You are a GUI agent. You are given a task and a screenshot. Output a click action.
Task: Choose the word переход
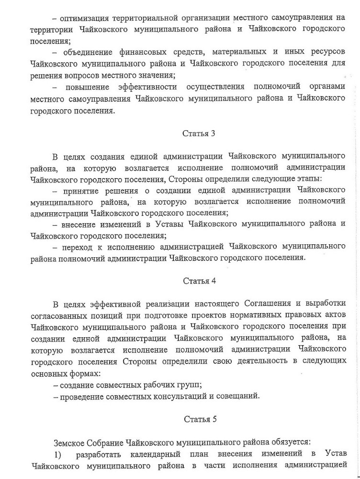[78, 246]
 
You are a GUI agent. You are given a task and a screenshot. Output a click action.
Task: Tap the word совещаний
[238, 396]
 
